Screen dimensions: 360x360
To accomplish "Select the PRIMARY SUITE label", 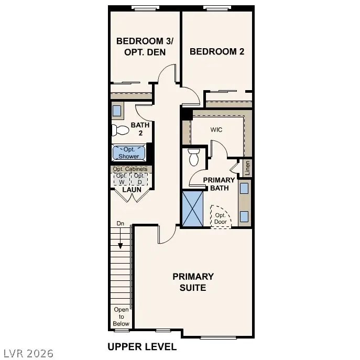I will pos(193,282).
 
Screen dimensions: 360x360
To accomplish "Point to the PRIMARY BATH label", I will pos(219,184).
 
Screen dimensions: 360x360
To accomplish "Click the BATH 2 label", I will pos(140,129).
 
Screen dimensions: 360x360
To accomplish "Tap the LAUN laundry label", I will pos(132,189).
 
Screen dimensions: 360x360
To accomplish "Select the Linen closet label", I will pos(247,168).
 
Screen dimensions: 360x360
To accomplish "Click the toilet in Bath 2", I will pos(120,129).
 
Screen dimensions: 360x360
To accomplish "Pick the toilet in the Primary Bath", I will pos(194,156).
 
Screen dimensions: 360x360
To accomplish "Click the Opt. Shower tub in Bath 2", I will pos(128,153).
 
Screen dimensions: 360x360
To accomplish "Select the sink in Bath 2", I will pos(117,111).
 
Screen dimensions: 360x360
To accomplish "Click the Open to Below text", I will pos(121,317).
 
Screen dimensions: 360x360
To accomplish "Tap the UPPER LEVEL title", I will pos(142,346).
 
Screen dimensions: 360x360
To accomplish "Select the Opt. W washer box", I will pos(122,178).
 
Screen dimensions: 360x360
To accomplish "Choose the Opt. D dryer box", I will pos(139,178).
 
